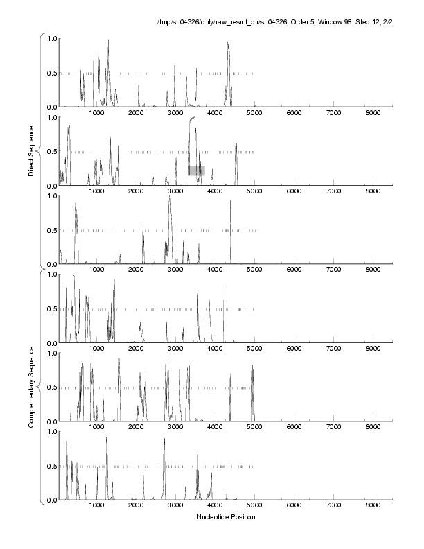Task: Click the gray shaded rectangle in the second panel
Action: [196, 170]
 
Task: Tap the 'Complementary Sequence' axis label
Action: [32, 385]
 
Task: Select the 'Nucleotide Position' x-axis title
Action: [226, 517]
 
